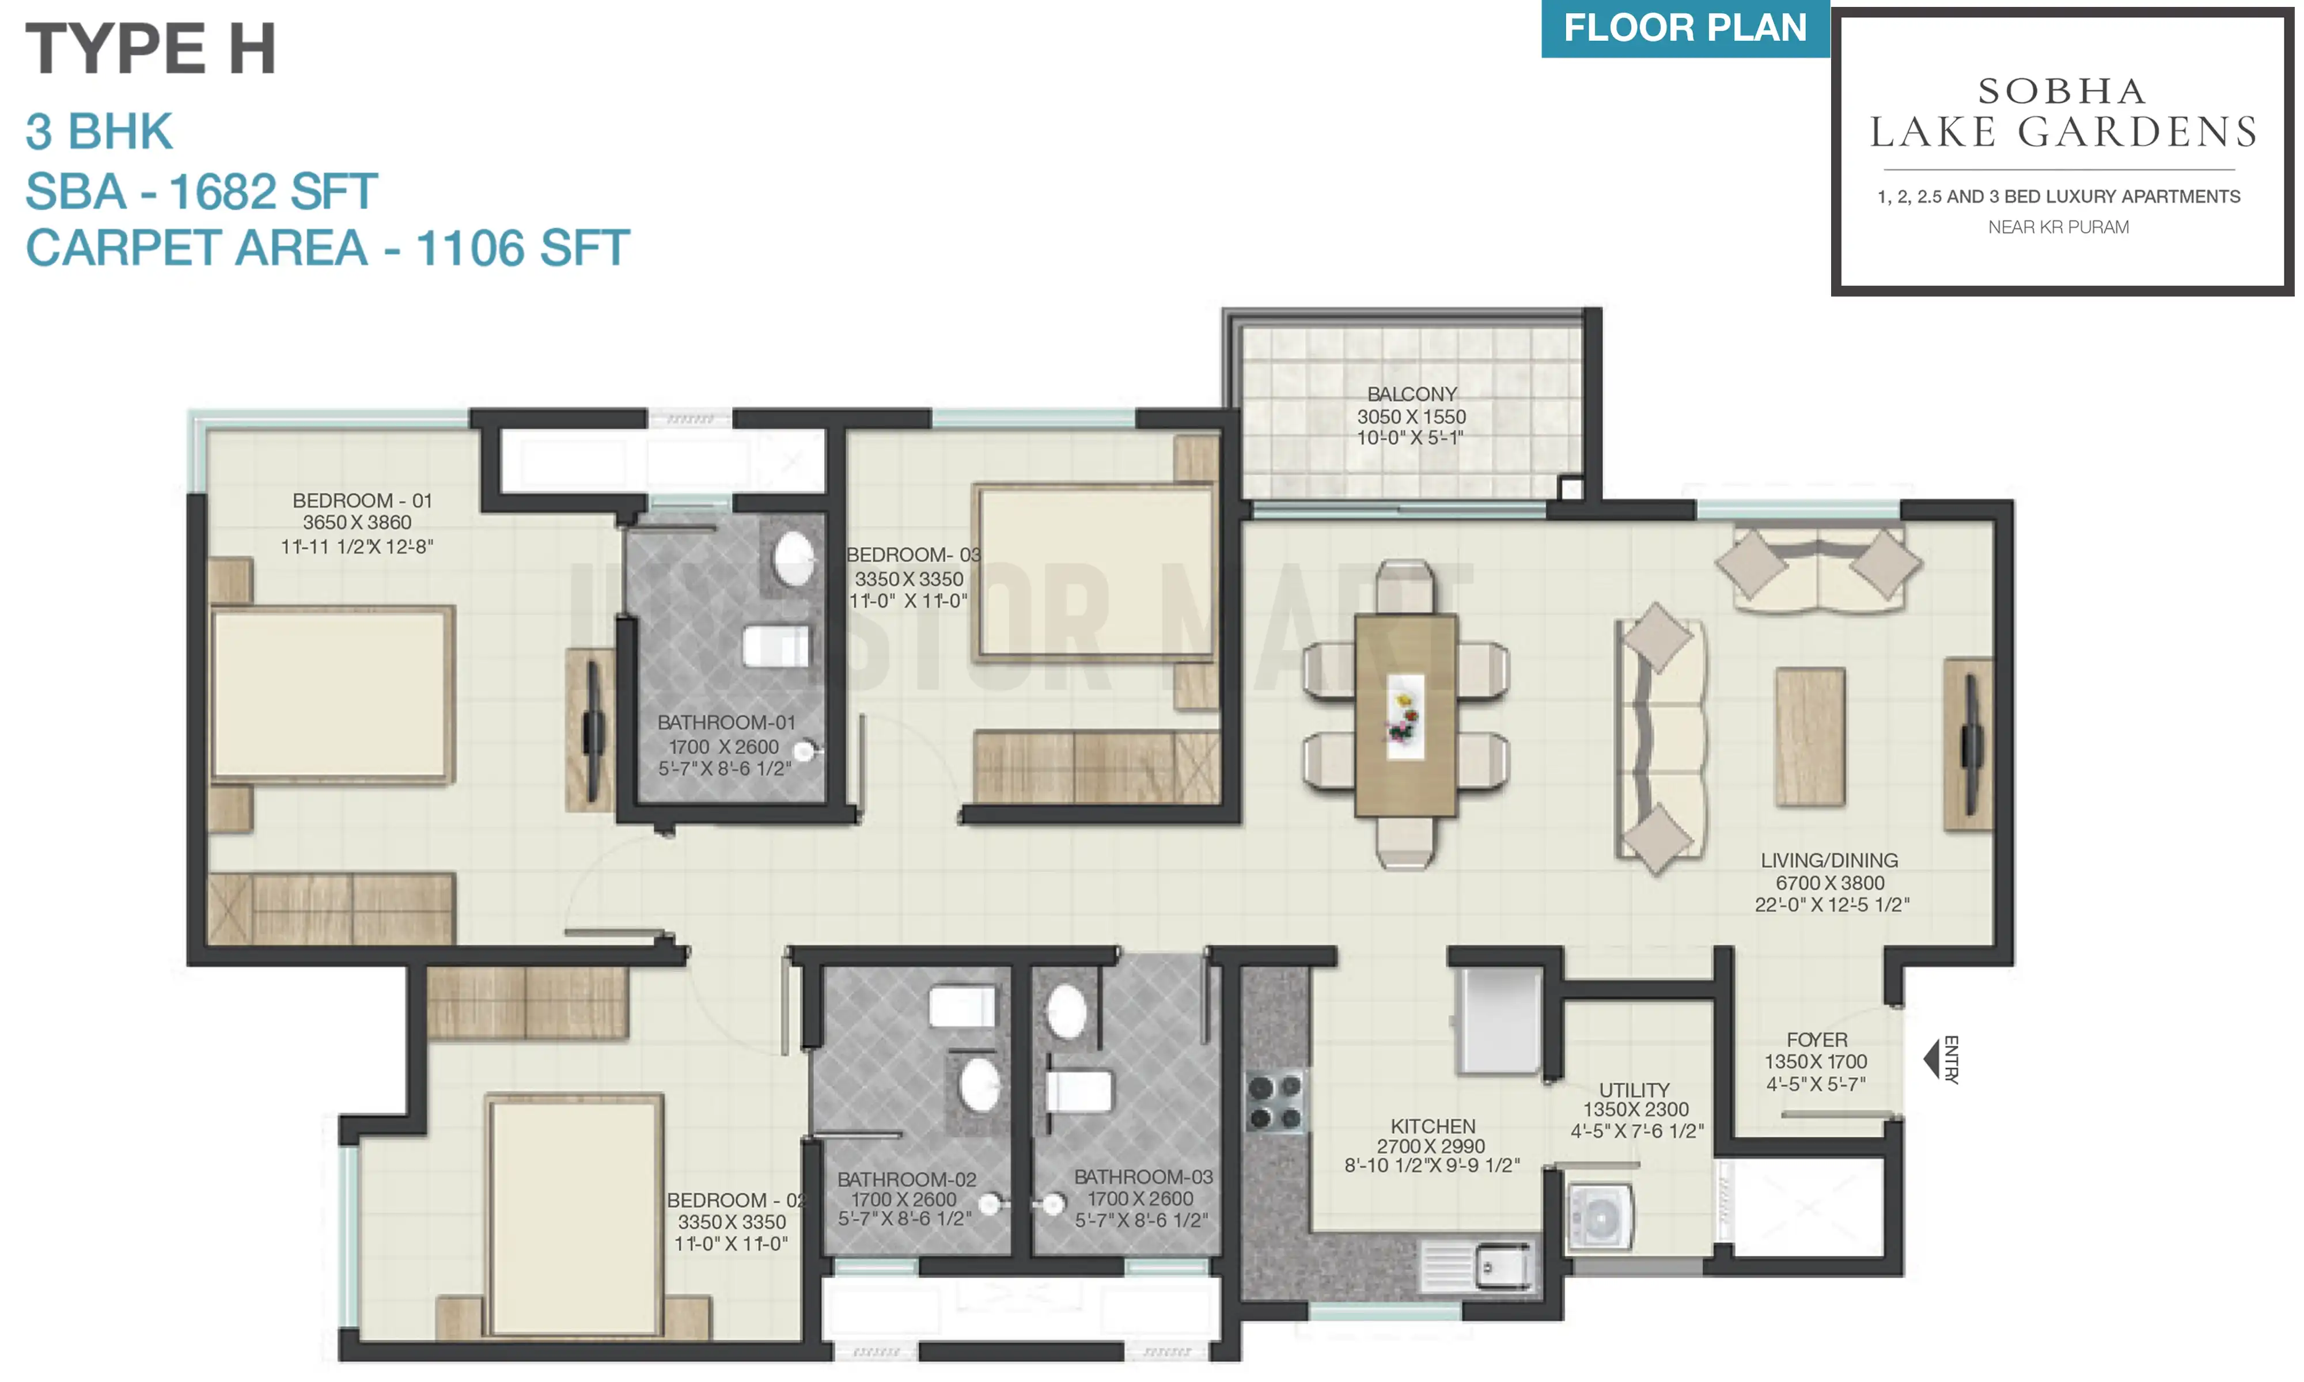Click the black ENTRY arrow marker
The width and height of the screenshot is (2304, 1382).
click(1931, 1059)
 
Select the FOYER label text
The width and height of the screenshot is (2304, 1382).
click(1816, 1039)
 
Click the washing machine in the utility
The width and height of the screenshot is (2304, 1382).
click(1599, 1216)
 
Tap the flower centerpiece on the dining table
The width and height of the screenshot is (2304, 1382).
click(1404, 716)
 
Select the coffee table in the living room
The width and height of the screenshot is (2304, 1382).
click(1809, 736)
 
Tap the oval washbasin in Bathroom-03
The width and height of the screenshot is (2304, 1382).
click(1066, 1011)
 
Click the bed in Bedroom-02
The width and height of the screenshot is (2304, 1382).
click(575, 1216)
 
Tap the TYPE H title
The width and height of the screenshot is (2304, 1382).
click(151, 48)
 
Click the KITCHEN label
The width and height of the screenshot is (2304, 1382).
click(1433, 1126)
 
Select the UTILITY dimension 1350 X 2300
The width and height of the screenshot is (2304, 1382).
click(1635, 1109)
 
